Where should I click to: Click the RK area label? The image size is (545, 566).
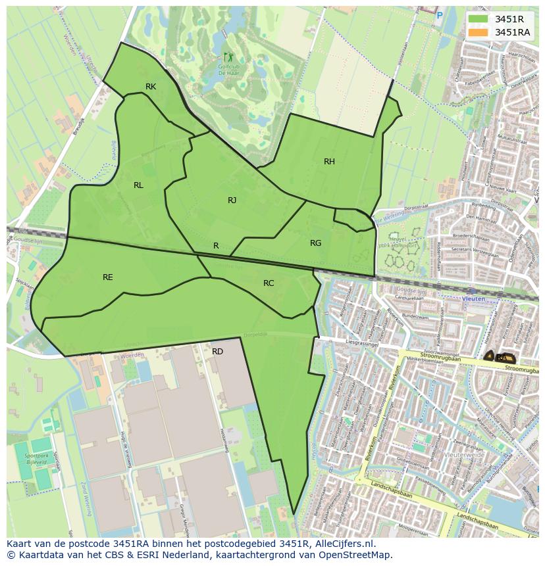pyautogui.click(x=151, y=87)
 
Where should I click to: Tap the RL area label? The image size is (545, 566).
pyautogui.click(x=138, y=185)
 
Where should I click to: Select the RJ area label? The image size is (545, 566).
pyautogui.click(x=232, y=200)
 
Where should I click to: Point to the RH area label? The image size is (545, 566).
pyautogui.click(x=329, y=162)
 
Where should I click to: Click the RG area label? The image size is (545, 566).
pyautogui.click(x=316, y=243)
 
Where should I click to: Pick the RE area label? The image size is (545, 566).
pyautogui.click(x=108, y=277)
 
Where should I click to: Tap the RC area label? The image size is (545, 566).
pyautogui.click(x=269, y=283)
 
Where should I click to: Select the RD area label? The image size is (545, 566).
pyautogui.click(x=217, y=352)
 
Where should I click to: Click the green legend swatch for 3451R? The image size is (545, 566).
pyautogui.click(x=479, y=20)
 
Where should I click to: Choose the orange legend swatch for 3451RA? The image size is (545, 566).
pyautogui.click(x=479, y=32)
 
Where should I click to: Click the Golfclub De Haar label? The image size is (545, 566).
pyautogui.click(x=228, y=69)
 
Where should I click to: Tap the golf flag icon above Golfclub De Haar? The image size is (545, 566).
pyautogui.click(x=228, y=57)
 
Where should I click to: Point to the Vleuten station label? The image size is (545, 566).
pyautogui.click(x=473, y=298)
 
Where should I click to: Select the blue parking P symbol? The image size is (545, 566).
pyautogui.click(x=440, y=14)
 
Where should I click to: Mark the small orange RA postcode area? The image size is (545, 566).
pyautogui.click(x=502, y=357)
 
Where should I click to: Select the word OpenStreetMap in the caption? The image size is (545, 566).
pyautogui.click(x=357, y=555)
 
